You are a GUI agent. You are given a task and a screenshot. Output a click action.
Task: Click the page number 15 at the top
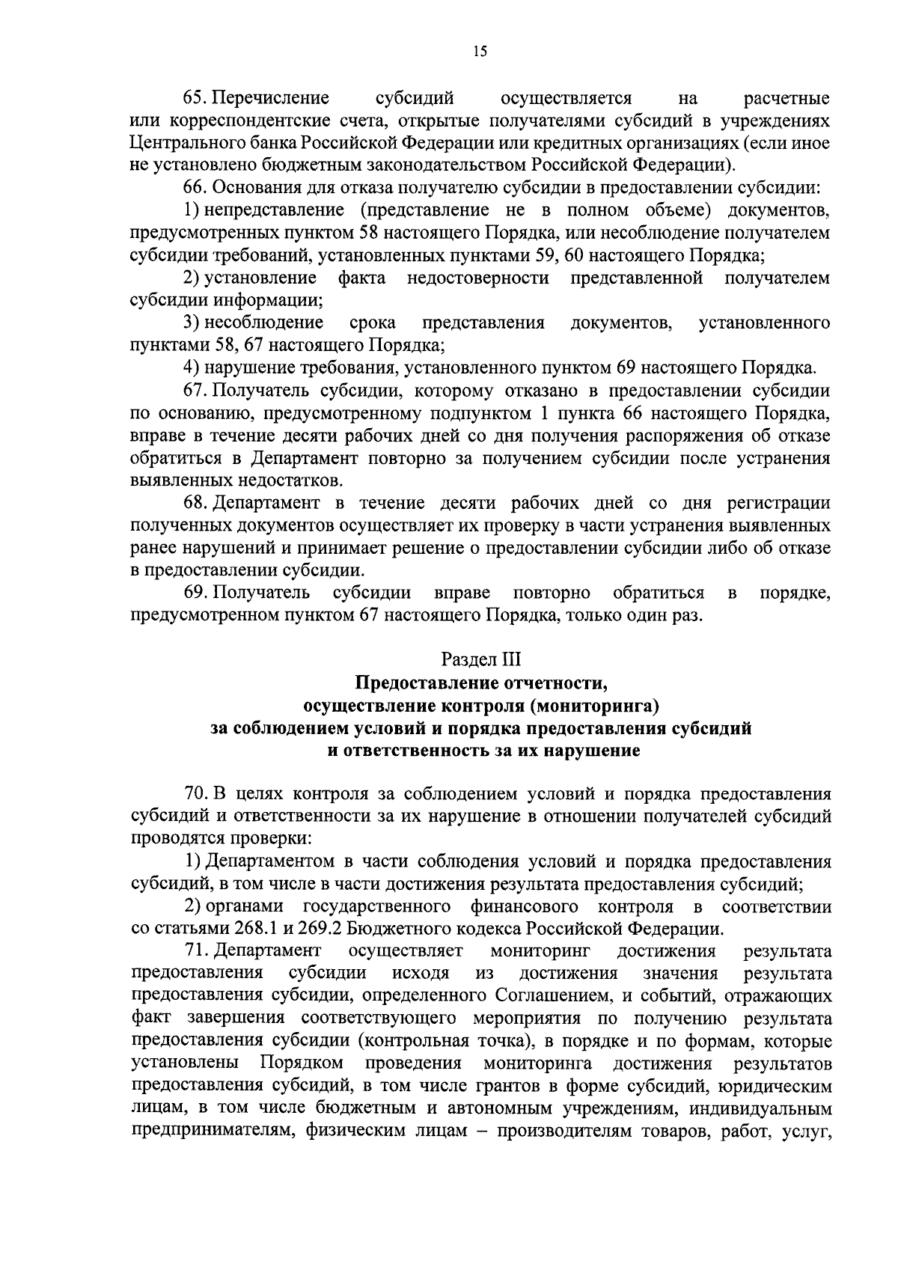point(480,52)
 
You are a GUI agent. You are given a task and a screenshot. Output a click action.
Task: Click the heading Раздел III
point(480,659)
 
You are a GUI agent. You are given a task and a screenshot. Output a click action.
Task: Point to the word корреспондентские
point(235,120)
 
